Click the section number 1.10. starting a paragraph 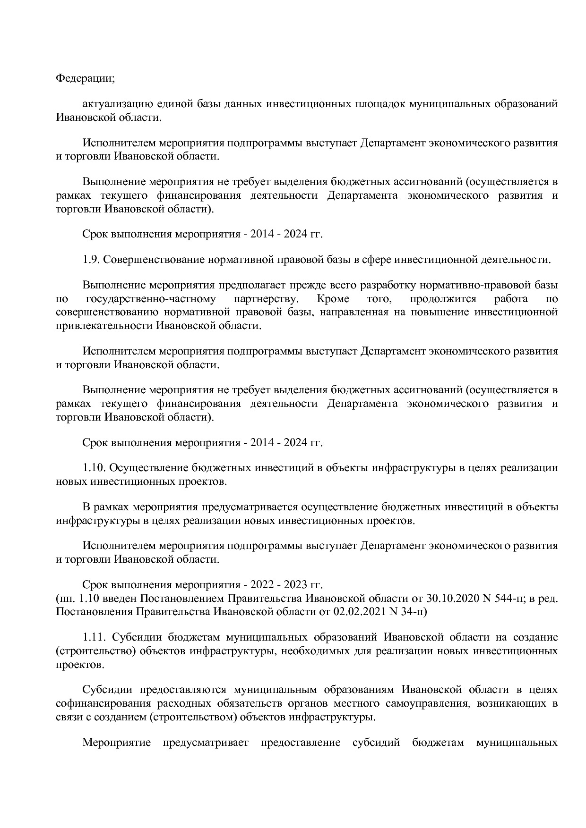pos(96,468)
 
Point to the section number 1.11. pos(96,637)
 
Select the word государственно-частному pos(151,299)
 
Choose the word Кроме pos(333,299)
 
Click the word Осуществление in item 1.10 pos(150,468)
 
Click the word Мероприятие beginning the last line pos(116,743)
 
